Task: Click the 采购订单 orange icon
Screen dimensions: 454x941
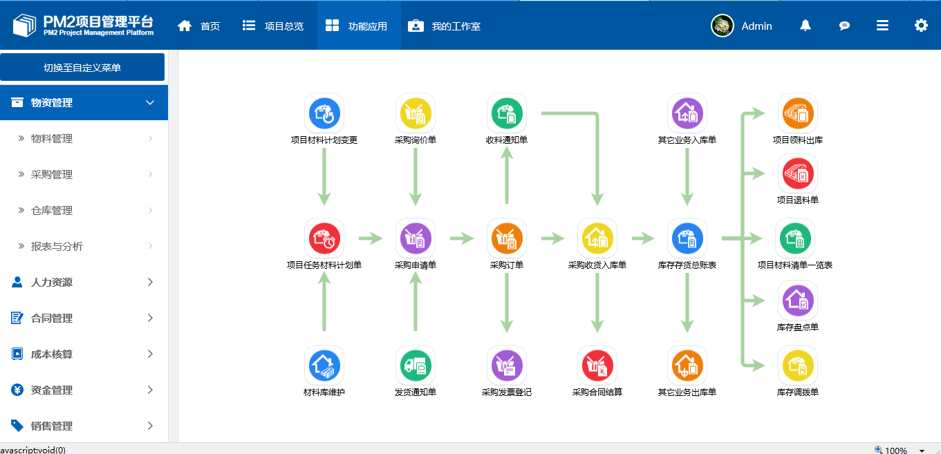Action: pos(507,238)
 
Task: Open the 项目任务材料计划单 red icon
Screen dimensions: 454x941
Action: pos(324,238)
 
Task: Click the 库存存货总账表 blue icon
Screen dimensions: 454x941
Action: pos(687,238)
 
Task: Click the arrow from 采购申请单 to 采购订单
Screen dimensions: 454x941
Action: pos(462,238)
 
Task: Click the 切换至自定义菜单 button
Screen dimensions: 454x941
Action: pos(82,68)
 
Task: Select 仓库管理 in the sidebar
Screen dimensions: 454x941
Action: pos(52,211)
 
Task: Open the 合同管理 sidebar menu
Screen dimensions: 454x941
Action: pos(52,319)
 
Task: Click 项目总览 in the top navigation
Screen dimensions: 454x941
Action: pos(274,26)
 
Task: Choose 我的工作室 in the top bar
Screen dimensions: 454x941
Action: pos(445,26)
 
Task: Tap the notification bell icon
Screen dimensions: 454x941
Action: pos(805,26)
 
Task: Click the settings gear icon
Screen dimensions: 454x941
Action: pos(921,26)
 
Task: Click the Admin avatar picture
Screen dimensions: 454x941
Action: pos(723,26)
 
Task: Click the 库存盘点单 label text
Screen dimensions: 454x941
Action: pos(798,328)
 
